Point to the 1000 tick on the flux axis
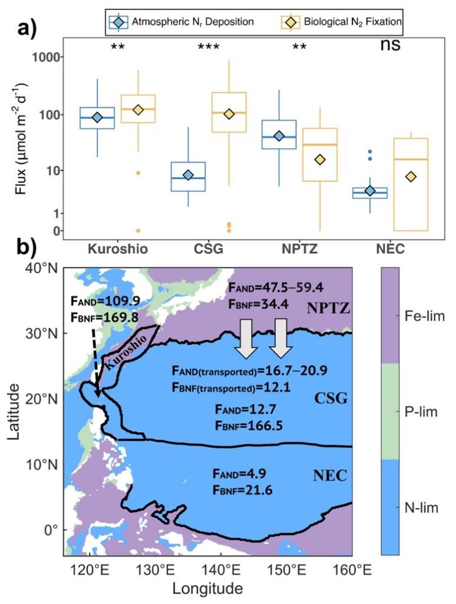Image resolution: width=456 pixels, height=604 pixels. [38, 58]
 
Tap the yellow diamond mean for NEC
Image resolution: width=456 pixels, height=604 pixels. [411, 177]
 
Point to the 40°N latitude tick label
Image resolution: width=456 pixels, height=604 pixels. [42, 268]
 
